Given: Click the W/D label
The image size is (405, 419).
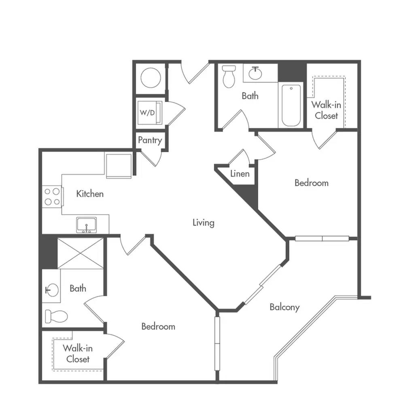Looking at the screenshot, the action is [x=147, y=112].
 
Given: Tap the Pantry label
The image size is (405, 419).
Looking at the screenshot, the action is [x=150, y=140].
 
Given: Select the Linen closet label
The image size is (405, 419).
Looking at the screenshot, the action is [x=240, y=174].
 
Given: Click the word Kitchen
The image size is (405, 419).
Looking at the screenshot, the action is [x=90, y=194].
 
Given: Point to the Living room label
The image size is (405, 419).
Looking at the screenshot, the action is [x=204, y=222].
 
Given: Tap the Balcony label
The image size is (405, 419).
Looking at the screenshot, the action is [x=284, y=307].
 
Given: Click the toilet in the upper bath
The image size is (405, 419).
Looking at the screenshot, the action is [x=229, y=76].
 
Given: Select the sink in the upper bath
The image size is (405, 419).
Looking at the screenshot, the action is [x=255, y=73].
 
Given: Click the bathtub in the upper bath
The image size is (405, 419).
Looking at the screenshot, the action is [x=291, y=105].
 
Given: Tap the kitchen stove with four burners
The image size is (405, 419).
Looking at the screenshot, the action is [x=53, y=197].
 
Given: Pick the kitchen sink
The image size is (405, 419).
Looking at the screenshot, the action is [x=86, y=225].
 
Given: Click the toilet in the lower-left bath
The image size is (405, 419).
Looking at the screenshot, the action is [x=56, y=316].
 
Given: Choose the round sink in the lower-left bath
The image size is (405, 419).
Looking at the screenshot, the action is [x=52, y=290].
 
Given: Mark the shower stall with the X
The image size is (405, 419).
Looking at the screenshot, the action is [x=81, y=253].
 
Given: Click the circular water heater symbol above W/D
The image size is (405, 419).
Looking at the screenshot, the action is [x=151, y=78].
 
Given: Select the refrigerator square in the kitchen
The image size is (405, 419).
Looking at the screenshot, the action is [x=119, y=166].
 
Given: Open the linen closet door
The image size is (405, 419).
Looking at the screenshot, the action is [x=239, y=157].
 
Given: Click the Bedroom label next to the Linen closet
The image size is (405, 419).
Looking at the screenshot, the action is [x=312, y=183].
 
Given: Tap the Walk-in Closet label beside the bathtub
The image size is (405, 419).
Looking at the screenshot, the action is [x=326, y=110].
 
